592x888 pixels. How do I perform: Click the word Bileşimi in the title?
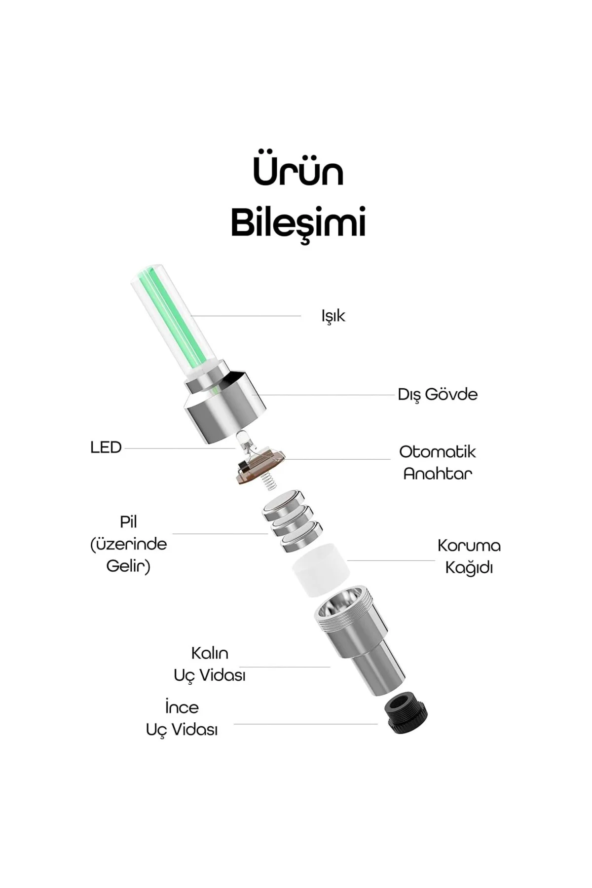pyautogui.click(x=298, y=223)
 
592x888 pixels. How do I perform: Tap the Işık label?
pyautogui.click(x=333, y=316)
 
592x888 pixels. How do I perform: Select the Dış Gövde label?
pyautogui.click(x=438, y=395)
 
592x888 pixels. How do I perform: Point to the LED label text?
pyautogui.click(x=106, y=448)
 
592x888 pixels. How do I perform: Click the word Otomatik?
pyautogui.click(x=438, y=452)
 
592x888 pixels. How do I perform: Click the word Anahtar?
pyautogui.click(x=438, y=474)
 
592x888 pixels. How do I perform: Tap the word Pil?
pyautogui.click(x=128, y=522)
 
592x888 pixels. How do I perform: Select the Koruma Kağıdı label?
pyautogui.click(x=469, y=556)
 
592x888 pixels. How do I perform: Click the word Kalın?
pyautogui.click(x=210, y=653)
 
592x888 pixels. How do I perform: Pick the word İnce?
pyautogui.click(x=182, y=707)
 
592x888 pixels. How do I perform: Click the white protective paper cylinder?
pyautogui.click(x=322, y=570)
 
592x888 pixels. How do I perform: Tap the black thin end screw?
pyautogui.click(x=407, y=714)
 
